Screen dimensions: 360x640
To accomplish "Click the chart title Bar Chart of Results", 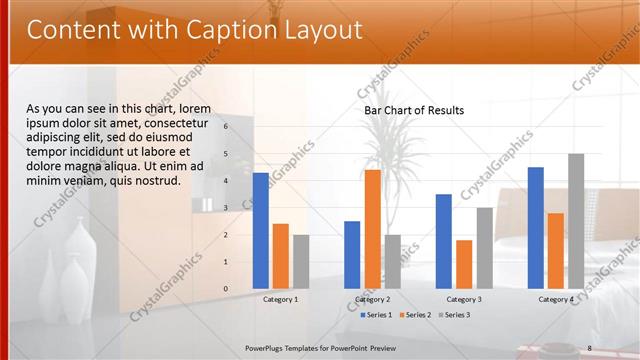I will pos(414,110).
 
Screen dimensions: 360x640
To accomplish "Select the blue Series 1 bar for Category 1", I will pos(261,230).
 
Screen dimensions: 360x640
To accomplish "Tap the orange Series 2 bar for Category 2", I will pos(372,228).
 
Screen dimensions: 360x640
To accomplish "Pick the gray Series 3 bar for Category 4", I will pos(576,220).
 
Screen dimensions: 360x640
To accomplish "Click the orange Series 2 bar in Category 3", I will pos(464,263).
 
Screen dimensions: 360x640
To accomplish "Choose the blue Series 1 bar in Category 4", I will pos(536,227).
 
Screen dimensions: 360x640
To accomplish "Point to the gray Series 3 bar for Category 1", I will pos(301,261).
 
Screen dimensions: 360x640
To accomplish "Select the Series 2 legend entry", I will pos(415,315).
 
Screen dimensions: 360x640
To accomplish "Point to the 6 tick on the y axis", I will pos(226,127).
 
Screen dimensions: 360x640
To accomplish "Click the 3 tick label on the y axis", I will pos(226,208).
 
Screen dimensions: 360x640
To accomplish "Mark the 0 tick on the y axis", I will pos(226,289).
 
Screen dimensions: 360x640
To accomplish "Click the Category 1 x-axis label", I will pos(280,299).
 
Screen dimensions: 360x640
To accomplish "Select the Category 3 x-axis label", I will pos(464,299).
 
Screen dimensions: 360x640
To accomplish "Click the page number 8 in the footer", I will pos(590,347).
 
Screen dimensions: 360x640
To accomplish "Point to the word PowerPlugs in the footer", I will pos(267,347).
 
